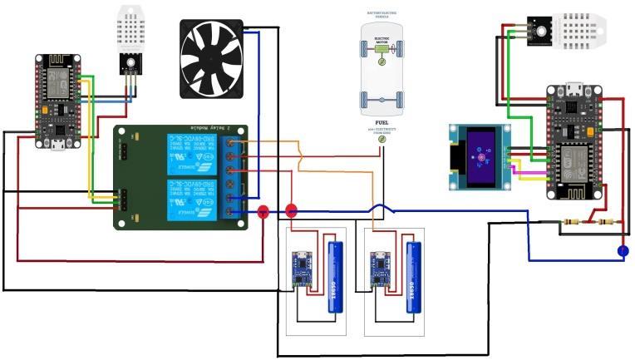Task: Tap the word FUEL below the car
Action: [381, 121]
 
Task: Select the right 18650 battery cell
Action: [412, 277]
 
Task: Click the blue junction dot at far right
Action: [623, 250]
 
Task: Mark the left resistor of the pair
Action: [572, 222]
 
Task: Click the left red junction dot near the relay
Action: [263, 212]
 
